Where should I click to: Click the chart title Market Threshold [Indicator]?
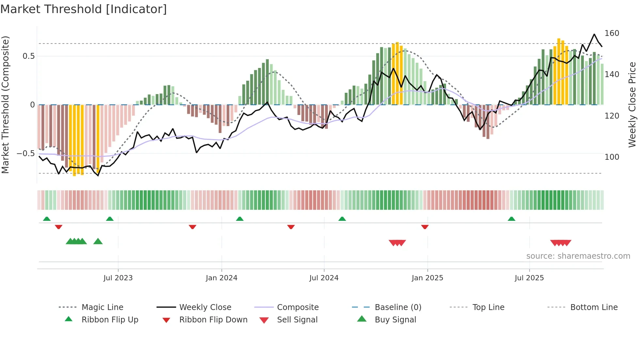point(84,9)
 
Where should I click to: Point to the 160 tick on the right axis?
point(612,33)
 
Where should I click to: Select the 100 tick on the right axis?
point(612,157)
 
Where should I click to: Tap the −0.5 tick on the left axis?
point(26,154)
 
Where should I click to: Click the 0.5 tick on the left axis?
point(28,56)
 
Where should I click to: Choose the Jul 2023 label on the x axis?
point(118,278)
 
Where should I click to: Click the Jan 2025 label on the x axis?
point(427,278)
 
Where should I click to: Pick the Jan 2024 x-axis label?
point(221,278)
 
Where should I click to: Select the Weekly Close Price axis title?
point(632,105)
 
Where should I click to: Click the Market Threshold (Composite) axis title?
point(5,105)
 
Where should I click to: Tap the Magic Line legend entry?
point(102,307)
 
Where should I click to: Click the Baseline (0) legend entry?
point(398,307)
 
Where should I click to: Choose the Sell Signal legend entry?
point(297,320)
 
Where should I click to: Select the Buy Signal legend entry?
point(395,320)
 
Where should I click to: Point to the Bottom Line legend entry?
point(594,307)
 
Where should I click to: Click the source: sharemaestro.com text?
point(578,256)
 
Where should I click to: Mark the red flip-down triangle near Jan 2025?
point(425,227)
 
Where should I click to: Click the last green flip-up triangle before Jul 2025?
point(511,219)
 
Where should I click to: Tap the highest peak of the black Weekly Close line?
point(594,34)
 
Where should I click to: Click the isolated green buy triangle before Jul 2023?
point(98,241)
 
